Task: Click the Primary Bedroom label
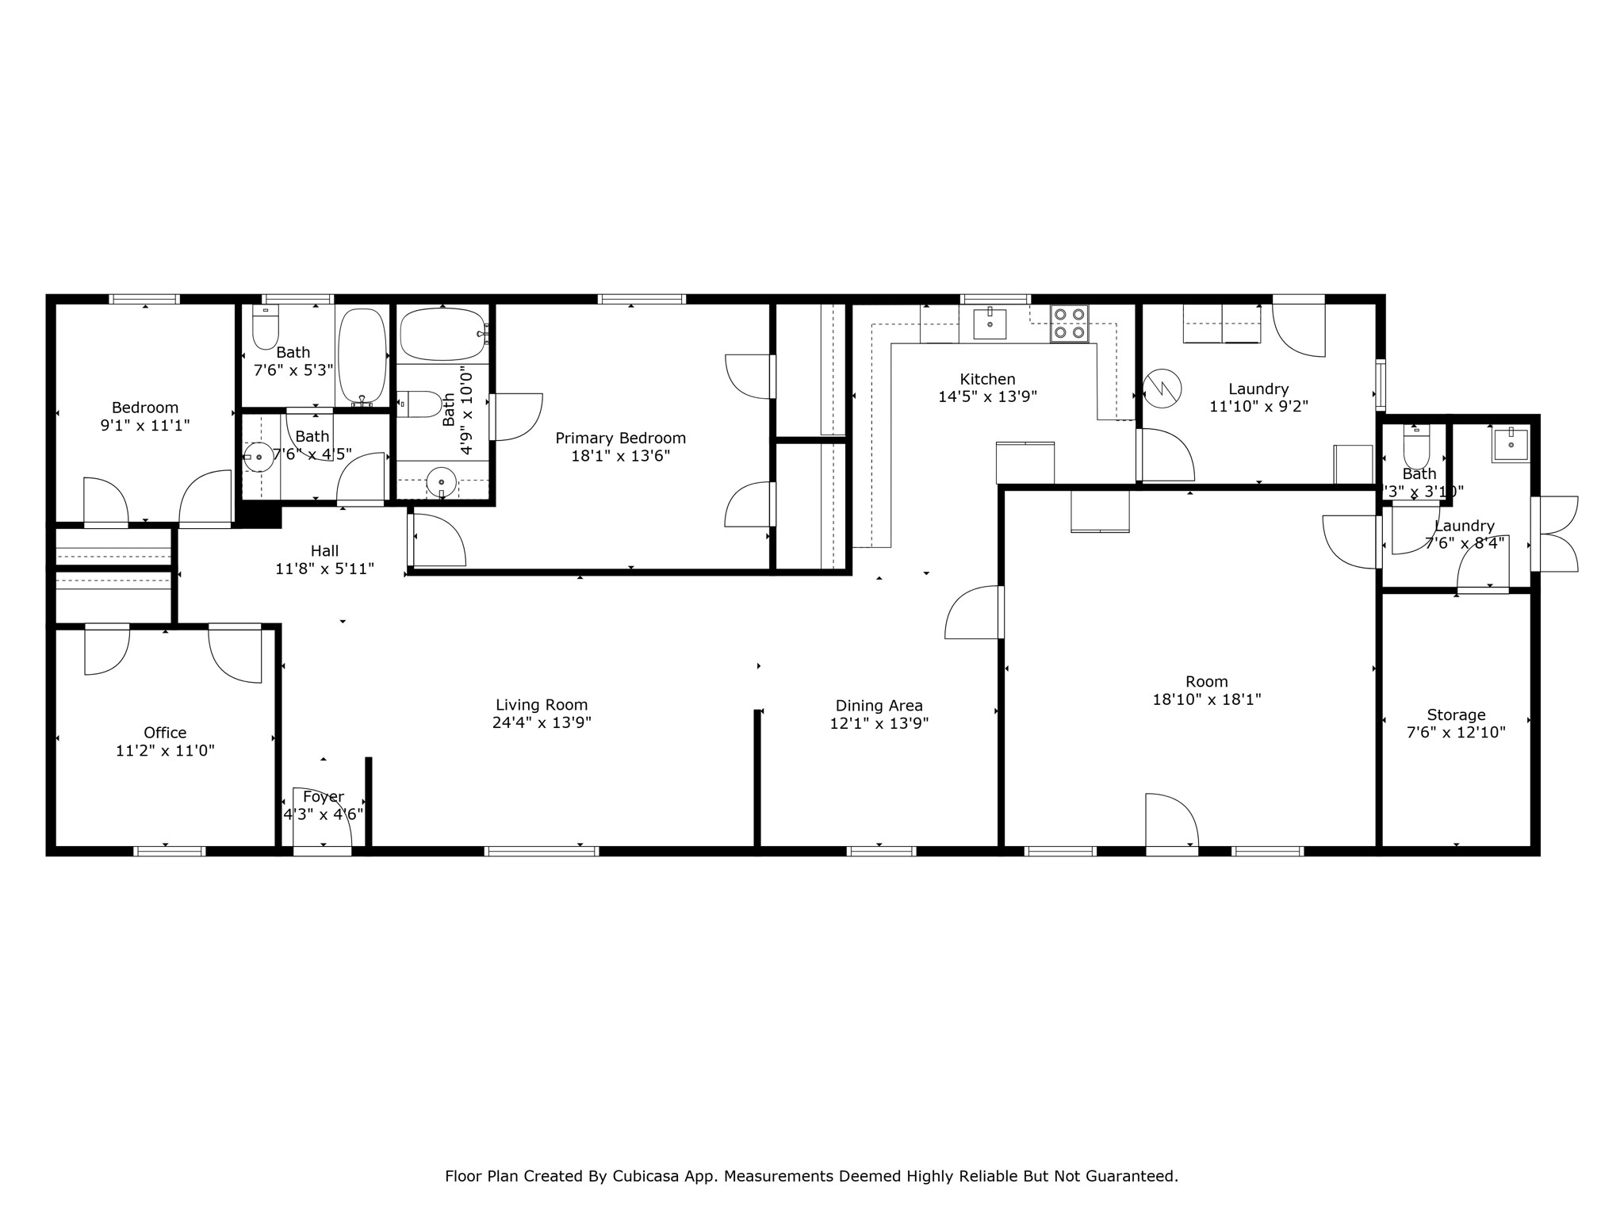point(620,438)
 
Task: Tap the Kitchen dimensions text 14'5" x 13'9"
point(987,396)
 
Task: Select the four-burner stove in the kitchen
point(1069,324)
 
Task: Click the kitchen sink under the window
point(990,324)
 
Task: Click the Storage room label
point(1456,714)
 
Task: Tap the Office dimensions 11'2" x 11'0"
point(165,750)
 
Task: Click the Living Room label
point(542,704)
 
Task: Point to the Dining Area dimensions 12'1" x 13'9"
point(879,723)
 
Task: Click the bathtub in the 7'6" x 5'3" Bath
point(362,356)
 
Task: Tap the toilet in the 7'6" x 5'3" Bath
point(266,329)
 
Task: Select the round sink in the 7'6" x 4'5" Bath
point(259,458)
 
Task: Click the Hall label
point(324,550)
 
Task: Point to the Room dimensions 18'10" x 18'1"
point(1206,699)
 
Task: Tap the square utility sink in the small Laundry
point(1511,445)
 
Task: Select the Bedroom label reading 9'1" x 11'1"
point(144,417)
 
